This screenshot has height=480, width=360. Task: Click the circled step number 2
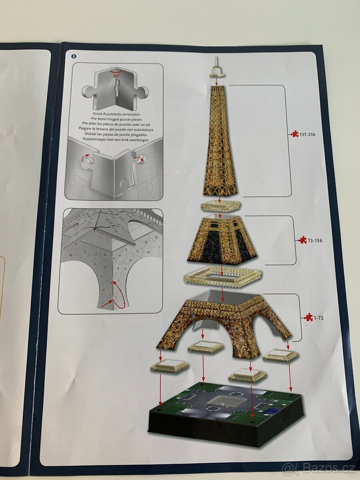73,56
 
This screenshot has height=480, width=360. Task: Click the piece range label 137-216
307,134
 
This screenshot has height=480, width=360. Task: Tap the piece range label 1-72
318,318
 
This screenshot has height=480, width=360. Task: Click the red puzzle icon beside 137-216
294,134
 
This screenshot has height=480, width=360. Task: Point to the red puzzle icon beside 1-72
308,317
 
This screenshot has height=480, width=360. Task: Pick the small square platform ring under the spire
220,206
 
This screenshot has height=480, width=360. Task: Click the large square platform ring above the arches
222,276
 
